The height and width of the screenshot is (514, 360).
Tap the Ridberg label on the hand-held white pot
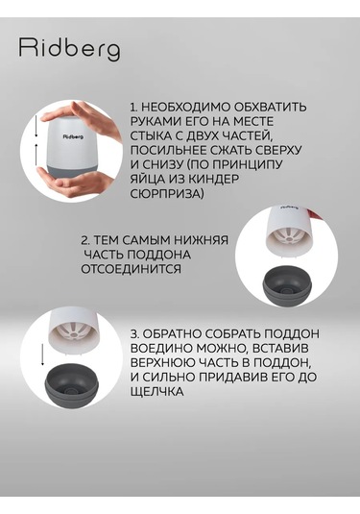tap(72, 136)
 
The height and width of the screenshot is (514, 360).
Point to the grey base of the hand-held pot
tap(73, 169)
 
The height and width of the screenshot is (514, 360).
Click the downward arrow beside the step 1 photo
tap(36, 126)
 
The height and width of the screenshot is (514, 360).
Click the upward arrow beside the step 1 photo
tap(36, 155)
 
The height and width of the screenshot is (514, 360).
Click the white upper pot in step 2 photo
tap(287, 232)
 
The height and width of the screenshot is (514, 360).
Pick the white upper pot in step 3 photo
tap(73, 332)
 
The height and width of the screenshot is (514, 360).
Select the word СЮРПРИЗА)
tap(167, 194)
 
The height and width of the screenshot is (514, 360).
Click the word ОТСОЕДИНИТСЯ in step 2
tap(131, 269)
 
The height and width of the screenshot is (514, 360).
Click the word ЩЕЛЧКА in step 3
tap(156, 391)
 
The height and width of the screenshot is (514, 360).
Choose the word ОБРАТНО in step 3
tap(174, 333)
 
